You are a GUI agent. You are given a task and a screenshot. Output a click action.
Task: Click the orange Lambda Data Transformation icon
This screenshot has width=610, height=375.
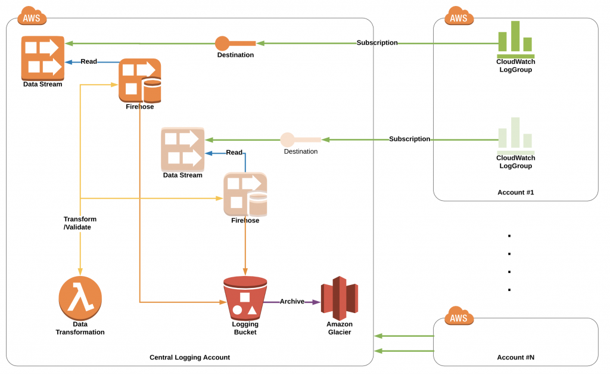(x=80, y=297)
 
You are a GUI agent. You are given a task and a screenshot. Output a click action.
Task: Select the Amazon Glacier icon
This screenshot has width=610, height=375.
(x=339, y=297)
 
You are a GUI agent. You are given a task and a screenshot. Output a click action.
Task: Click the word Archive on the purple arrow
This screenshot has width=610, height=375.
(x=292, y=302)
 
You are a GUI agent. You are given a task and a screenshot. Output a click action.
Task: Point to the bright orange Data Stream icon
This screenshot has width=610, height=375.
(x=42, y=57)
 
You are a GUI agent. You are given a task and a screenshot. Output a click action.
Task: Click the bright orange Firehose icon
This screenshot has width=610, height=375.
(x=140, y=80)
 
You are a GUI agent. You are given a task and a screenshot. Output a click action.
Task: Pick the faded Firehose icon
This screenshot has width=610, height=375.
(x=245, y=194)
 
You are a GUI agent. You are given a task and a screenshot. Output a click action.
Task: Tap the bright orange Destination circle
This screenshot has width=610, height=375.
(x=222, y=44)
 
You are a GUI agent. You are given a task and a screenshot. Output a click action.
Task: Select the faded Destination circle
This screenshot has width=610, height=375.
(x=288, y=140)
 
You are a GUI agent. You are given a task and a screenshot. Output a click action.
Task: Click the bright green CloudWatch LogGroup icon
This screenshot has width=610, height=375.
(x=515, y=38)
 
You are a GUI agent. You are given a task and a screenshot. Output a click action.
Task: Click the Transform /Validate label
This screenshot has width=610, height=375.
(x=80, y=223)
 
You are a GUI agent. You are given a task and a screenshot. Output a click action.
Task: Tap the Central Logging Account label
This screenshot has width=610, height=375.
(x=189, y=357)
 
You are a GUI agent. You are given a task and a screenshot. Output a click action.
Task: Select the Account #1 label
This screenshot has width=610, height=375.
(x=515, y=192)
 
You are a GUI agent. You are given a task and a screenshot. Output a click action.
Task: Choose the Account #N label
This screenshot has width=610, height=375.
(x=515, y=357)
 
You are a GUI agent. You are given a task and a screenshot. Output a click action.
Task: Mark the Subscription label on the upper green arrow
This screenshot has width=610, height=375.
(x=377, y=43)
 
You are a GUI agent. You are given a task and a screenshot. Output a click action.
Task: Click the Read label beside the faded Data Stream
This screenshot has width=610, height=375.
(x=234, y=153)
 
